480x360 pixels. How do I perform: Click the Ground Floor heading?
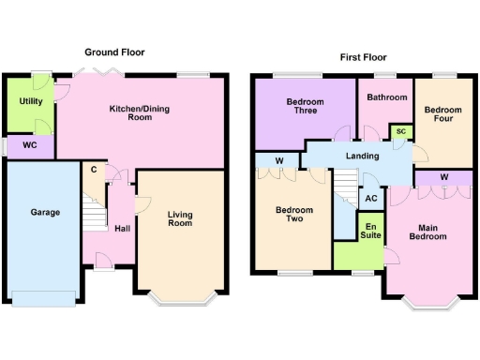115,52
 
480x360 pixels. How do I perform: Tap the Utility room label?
30,101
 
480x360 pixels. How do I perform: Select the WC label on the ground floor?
30,146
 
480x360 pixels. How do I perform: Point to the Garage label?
44,213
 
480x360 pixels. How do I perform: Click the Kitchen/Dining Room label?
143,113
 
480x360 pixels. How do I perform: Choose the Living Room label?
180,219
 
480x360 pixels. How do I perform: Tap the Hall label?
122,228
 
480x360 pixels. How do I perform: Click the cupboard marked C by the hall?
95,172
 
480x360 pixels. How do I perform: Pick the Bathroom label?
386,97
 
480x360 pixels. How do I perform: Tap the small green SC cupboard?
400,131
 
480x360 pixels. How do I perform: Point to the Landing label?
362,157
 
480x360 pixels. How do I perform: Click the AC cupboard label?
371,198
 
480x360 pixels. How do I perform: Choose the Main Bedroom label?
427,232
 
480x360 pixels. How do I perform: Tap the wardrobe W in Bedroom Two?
279,161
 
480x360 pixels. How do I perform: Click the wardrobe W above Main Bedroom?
442,177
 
